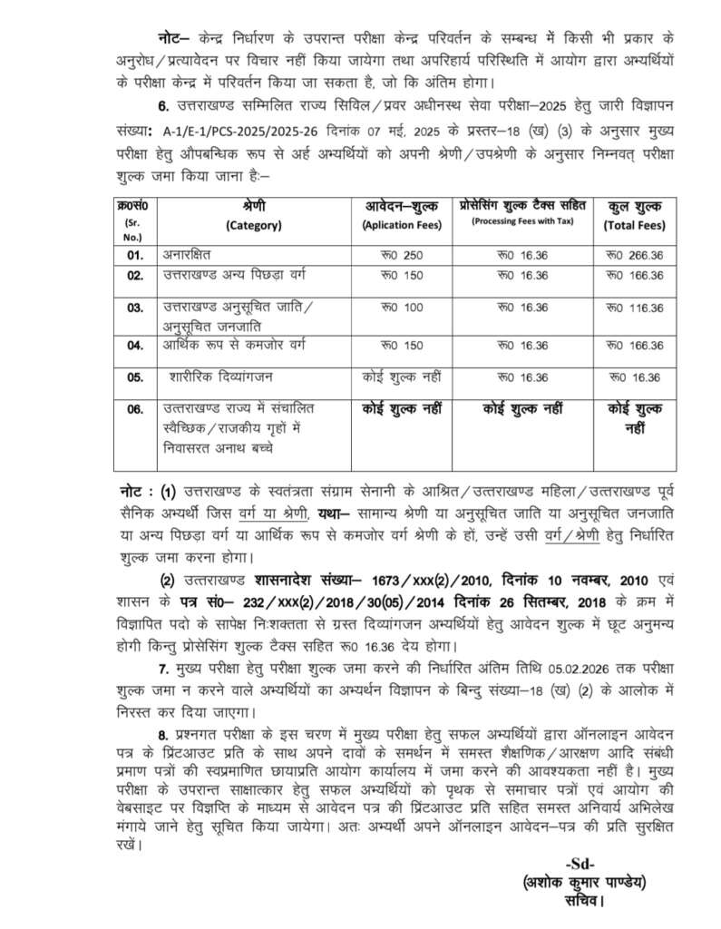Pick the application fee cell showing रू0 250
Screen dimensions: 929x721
(402, 255)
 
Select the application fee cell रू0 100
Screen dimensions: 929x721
(402, 308)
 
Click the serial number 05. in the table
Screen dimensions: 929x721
(135, 376)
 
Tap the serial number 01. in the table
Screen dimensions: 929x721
(135, 255)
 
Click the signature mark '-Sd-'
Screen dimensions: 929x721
(580, 863)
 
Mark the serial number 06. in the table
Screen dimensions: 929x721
(135, 409)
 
